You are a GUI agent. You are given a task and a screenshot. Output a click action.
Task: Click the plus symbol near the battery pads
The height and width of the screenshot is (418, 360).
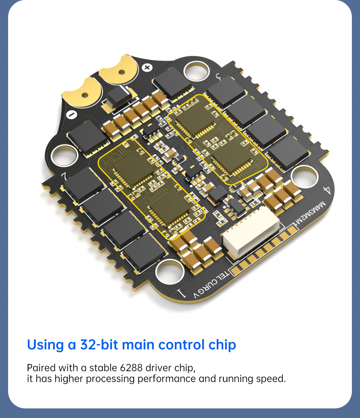point(147,67)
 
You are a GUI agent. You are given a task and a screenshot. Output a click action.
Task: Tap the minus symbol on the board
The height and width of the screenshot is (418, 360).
point(71,115)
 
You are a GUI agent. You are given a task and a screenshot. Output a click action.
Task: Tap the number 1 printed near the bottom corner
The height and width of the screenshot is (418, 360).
point(181,293)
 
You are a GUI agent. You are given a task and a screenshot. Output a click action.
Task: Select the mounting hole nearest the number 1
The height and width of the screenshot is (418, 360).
point(170,272)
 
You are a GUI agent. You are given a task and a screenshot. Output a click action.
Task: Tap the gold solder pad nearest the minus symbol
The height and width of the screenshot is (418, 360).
point(83,93)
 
